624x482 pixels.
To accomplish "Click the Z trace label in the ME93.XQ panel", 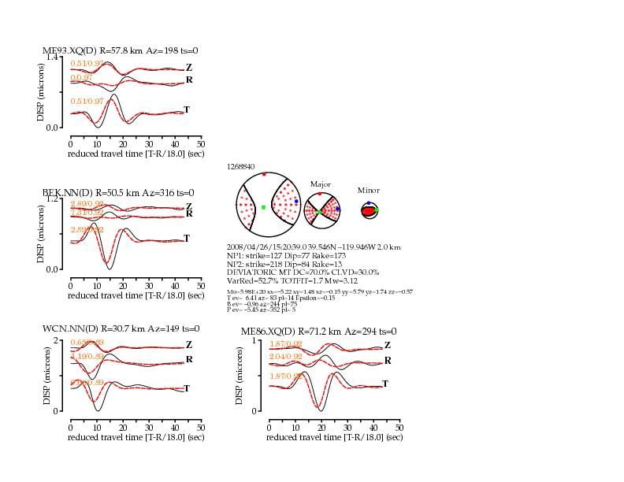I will point(188,69).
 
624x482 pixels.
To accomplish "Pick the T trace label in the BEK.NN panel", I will point(187,238).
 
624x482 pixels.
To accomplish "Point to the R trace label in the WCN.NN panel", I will point(188,359).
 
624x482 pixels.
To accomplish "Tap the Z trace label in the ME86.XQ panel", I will point(387,345).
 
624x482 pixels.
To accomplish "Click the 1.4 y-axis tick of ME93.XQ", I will point(52,57).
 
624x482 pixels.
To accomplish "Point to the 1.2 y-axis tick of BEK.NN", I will point(52,199).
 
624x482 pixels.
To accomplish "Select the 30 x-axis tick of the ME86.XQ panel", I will point(347,426).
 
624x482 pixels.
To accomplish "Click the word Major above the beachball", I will point(320,184).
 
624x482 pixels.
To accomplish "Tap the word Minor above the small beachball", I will point(368,191).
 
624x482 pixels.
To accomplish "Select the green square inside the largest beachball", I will point(263,207).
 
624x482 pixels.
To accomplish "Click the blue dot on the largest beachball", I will point(296,202).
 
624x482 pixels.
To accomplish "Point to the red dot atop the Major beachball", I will point(320,194).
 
